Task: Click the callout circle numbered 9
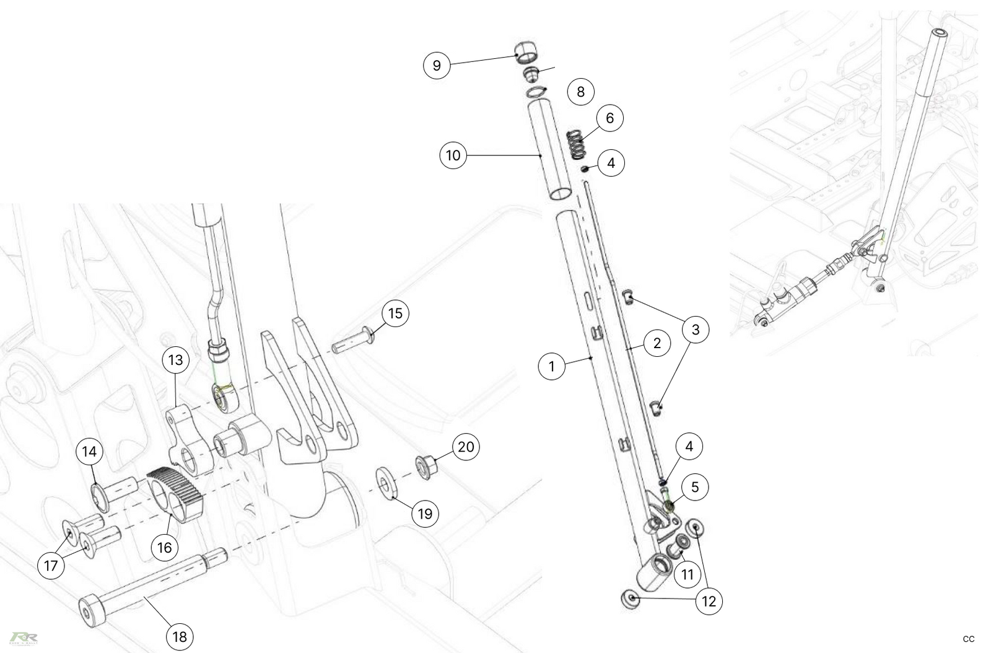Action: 437,65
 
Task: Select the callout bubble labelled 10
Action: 453,155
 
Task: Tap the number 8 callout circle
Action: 580,92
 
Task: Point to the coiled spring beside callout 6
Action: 577,144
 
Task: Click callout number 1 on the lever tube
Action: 552,366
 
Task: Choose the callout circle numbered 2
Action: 657,343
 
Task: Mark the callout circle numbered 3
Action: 696,330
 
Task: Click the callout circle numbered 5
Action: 695,487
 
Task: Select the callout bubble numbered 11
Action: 688,574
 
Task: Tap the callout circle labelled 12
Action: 709,601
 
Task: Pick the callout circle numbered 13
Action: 176,360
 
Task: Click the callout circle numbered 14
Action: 90,451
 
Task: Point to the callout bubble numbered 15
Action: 395,313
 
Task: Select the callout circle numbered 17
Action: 51,565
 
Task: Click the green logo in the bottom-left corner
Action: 24,638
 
